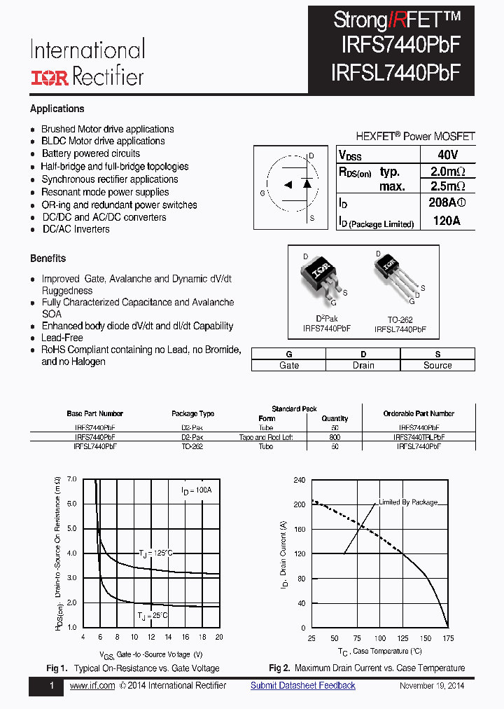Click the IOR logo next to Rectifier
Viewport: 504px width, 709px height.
pos(49,76)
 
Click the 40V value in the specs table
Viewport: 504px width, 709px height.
pos(447,155)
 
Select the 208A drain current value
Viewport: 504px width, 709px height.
pos(446,204)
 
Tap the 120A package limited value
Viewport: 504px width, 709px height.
pos(447,222)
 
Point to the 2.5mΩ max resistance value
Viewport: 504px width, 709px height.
pos(447,186)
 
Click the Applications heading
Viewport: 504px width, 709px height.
pos(57,109)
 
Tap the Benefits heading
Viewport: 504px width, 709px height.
pos(48,259)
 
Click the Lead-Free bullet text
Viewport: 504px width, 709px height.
pos(62,338)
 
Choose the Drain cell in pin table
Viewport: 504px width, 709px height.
pos(363,365)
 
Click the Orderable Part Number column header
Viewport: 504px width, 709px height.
pos(419,413)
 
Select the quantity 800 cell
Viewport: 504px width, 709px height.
pos(335,436)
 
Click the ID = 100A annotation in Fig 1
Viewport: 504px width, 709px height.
pos(196,490)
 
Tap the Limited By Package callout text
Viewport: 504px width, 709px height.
pos(408,502)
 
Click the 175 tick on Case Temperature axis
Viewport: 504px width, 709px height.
pos(448,638)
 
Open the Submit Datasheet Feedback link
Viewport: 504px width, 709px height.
pos(302,686)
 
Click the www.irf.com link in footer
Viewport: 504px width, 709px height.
pos(92,686)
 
